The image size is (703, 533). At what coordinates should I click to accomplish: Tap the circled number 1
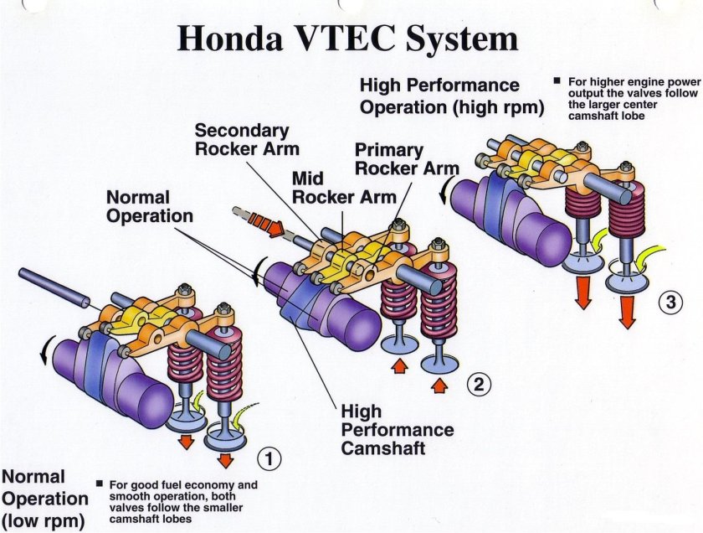(268, 458)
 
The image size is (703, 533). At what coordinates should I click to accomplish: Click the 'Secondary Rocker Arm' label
(242, 141)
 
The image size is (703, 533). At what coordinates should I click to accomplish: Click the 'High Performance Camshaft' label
(398, 430)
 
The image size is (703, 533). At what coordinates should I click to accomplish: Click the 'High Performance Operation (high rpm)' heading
(452, 96)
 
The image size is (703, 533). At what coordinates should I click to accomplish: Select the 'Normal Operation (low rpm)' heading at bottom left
(44, 499)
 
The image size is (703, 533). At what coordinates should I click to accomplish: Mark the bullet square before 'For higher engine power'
(557, 81)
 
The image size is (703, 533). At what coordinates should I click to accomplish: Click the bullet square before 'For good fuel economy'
(99, 484)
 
